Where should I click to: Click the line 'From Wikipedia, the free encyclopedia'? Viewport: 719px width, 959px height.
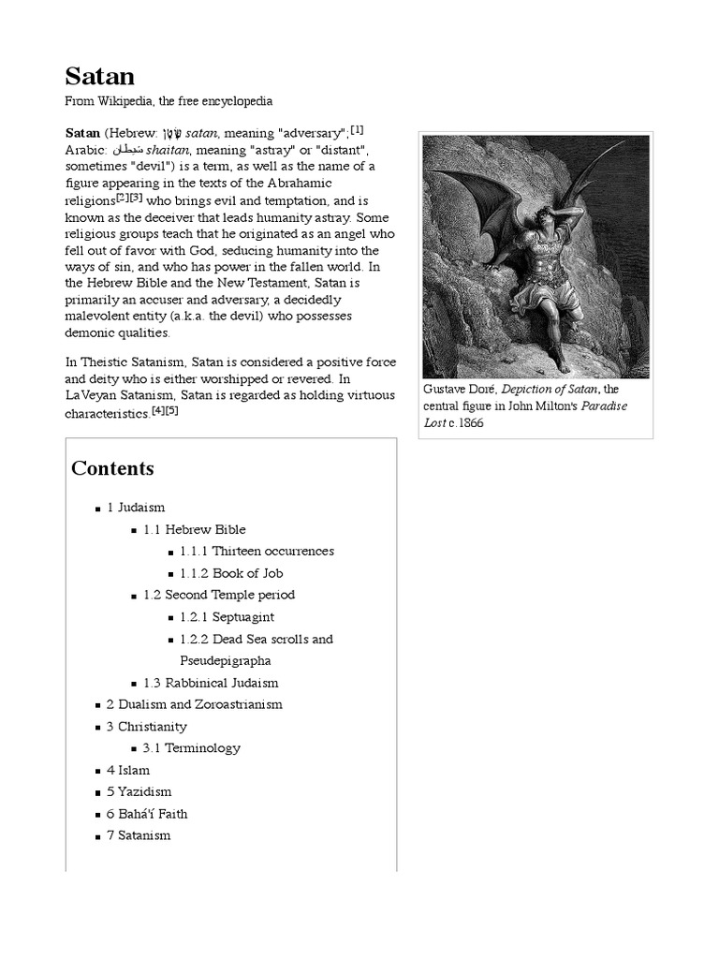coord(169,101)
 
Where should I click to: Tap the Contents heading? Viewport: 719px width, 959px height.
coord(112,468)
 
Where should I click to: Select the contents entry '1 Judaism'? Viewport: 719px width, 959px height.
coord(136,508)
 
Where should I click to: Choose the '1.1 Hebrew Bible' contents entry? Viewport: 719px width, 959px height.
coord(195,529)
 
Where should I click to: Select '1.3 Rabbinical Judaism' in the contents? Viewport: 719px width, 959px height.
coord(211,683)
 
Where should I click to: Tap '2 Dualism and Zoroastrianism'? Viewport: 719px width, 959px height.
coord(195,704)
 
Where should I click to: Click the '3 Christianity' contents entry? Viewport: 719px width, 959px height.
coord(147,727)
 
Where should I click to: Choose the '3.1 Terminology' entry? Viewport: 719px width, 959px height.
coord(192,748)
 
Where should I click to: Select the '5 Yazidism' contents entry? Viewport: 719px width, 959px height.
coord(139,792)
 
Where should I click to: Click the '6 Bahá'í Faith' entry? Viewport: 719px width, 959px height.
coord(147,814)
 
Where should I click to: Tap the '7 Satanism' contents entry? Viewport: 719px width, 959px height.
coord(139,835)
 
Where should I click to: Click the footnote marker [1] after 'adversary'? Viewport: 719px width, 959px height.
coord(358,129)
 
